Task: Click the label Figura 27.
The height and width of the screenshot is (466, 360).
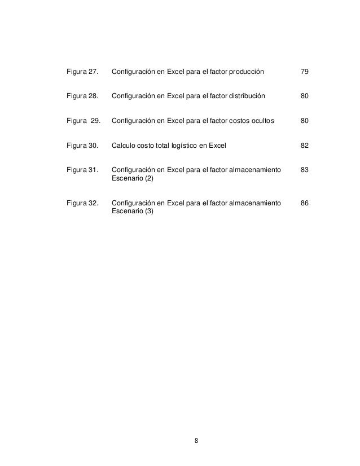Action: (82, 73)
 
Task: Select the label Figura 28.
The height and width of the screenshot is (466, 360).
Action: (82, 97)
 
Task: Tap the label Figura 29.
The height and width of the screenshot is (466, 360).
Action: (83, 121)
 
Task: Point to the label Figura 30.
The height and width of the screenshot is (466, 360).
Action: (82, 146)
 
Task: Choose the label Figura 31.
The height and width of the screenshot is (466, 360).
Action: (82, 170)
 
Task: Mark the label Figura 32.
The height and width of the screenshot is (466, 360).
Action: (82, 203)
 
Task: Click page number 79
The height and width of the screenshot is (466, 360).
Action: (304, 73)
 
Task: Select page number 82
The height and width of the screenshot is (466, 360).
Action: (304, 146)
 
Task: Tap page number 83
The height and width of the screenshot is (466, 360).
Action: (304, 170)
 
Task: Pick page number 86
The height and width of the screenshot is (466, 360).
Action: (304, 203)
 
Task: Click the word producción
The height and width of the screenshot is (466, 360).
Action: (244, 73)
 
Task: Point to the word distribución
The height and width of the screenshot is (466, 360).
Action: (244, 97)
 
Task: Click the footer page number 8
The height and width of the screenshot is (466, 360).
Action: (196, 441)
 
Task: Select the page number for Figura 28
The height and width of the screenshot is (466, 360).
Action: (304, 97)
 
